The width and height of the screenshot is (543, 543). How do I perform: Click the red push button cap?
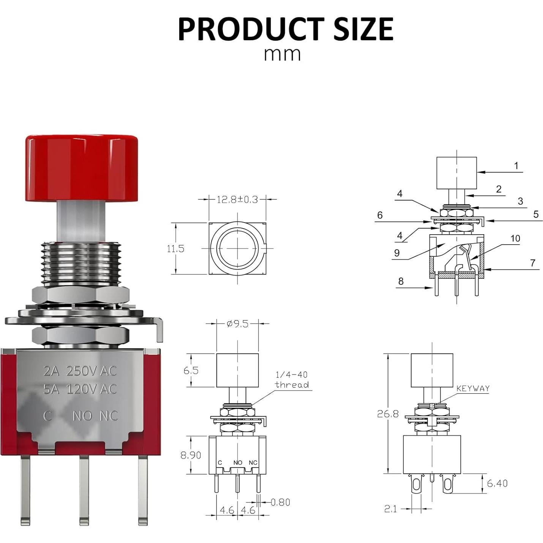click(x=82, y=167)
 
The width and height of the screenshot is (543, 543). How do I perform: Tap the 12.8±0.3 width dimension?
click(x=237, y=199)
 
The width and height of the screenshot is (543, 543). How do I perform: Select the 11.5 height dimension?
click(x=175, y=249)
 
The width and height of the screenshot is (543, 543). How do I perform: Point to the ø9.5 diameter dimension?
click(x=237, y=324)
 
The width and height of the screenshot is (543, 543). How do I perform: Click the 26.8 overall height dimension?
click(x=388, y=414)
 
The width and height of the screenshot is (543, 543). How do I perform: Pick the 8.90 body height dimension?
click(x=191, y=455)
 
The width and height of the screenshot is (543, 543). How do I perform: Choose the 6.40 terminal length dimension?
click(x=497, y=483)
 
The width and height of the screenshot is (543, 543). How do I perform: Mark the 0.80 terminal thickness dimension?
click(x=280, y=502)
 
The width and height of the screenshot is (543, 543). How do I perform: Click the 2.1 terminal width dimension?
click(x=390, y=509)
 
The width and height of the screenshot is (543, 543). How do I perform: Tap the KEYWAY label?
click(x=473, y=388)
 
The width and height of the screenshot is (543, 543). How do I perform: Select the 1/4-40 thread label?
click(x=292, y=380)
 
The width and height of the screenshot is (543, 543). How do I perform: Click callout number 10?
click(x=515, y=238)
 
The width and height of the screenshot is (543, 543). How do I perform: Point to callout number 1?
click(x=516, y=166)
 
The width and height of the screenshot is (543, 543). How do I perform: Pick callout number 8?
click(x=401, y=281)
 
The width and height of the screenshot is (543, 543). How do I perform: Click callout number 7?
click(x=533, y=263)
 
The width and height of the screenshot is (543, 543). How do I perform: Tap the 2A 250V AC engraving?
click(x=80, y=371)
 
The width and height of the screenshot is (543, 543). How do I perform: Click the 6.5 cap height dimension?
click(x=191, y=370)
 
